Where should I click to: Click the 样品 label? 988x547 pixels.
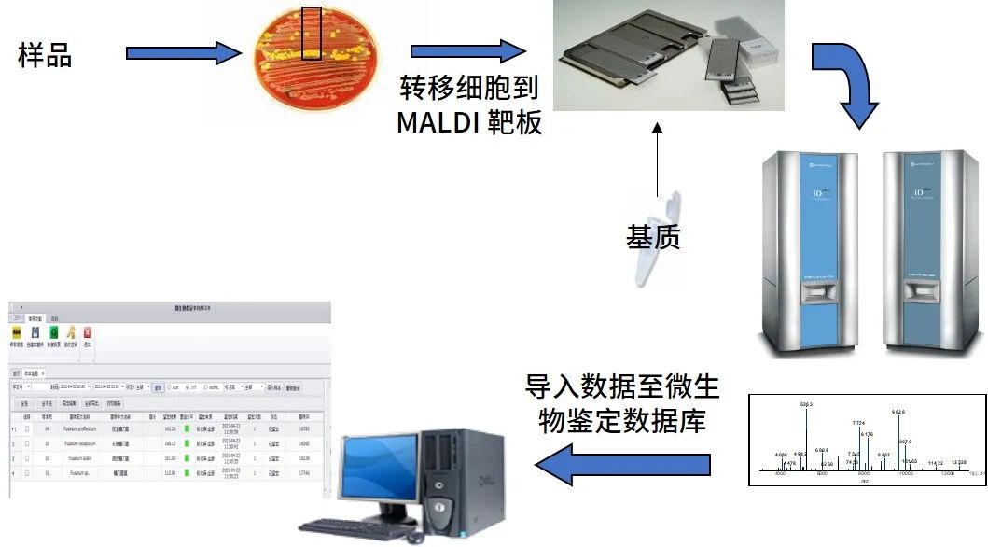coord(45,56)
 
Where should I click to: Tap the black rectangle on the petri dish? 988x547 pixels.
coord(312,35)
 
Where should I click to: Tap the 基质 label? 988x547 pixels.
coord(653,236)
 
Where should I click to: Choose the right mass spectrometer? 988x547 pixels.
coord(929,252)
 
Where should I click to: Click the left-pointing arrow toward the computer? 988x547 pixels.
coord(627,463)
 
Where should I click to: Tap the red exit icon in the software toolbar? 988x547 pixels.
coord(88,334)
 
